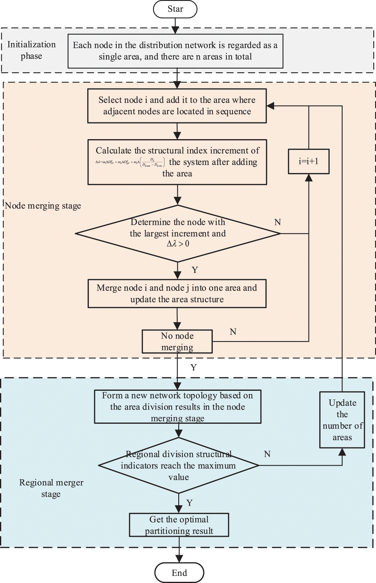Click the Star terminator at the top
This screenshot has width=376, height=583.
point(175,9)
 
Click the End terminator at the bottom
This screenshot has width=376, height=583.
point(179,573)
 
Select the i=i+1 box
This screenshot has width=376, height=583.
point(308,161)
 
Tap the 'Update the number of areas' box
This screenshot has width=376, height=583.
point(342,420)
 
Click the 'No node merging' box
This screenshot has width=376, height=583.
point(177,341)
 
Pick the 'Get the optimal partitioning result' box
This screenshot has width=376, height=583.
point(179,525)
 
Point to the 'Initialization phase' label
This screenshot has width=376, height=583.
point(31,50)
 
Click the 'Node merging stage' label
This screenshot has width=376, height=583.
point(43,206)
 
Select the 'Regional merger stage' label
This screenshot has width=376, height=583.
point(51,488)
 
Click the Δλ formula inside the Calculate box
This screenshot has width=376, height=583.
point(130,162)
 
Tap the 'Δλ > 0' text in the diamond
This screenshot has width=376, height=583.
point(178,244)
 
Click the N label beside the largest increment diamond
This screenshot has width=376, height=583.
point(278,222)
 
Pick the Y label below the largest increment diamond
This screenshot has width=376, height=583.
point(195,270)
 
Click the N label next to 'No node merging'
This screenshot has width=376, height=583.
point(233,332)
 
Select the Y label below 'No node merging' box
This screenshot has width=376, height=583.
point(194,367)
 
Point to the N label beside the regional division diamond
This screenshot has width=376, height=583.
point(267,454)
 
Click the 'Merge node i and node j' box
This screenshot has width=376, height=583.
point(177,294)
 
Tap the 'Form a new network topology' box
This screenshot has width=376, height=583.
point(177,407)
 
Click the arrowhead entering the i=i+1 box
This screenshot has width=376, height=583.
point(309,178)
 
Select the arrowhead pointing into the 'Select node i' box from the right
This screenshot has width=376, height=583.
point(270,106)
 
